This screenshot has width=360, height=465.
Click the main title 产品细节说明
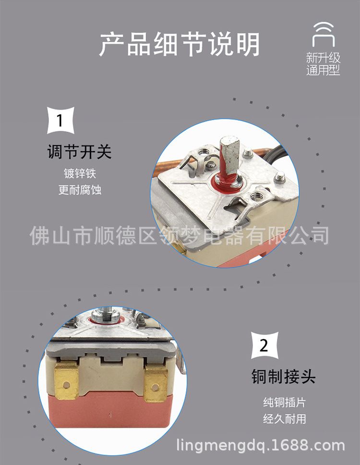tap(180, 45)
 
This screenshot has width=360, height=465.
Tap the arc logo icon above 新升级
tap(323, 34)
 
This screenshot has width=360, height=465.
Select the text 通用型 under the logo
tap(323, 70)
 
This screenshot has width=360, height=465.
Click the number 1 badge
tap(60, 121)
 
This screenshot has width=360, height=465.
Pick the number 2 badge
tap(264, 345)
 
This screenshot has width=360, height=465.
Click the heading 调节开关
tap(79, 152)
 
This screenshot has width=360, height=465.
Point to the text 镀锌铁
tap(80, 173)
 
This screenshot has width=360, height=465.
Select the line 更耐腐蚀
tap(80, 190)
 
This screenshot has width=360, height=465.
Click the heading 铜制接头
tap(284, 377)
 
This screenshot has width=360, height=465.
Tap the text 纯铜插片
tap(284, 403)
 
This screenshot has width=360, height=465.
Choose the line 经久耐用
tap(284, 419)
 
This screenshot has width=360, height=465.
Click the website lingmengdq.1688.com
tap(261, 446)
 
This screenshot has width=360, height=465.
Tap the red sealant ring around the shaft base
tap(227, 184)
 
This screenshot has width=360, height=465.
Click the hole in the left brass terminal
tap(67, 385)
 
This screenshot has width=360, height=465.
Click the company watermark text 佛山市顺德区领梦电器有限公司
tap(180, 236)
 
